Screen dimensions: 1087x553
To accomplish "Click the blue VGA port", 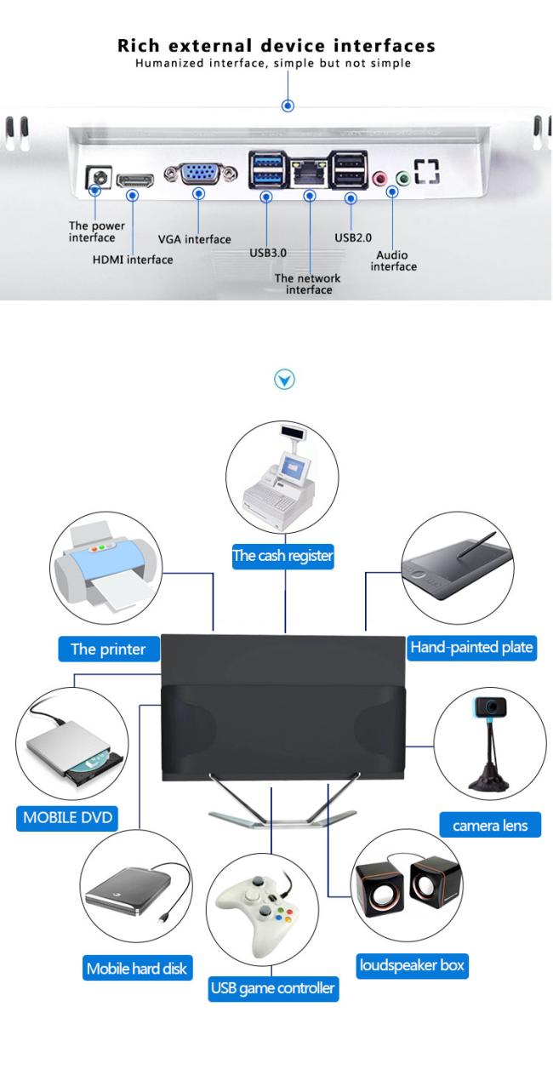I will pos(198,174).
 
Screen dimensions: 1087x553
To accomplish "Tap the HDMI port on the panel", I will pos(134,180).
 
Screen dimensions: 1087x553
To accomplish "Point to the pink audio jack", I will pos(381,178).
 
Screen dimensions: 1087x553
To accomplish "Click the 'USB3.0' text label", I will pos(267,253).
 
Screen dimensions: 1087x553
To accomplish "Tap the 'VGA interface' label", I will pos(194,240).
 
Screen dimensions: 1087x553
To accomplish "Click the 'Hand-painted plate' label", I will pos(471,647).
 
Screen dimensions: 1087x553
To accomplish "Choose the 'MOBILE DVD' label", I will pos(66,819).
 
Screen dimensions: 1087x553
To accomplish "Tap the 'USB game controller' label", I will pos(272,989).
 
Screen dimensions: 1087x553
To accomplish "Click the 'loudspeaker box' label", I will pos(412,966).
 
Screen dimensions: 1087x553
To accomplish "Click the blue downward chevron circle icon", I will pos(287,379).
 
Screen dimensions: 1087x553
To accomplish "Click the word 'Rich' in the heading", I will pos(140,45).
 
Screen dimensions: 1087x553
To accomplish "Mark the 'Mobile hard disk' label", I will pos(136,968).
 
